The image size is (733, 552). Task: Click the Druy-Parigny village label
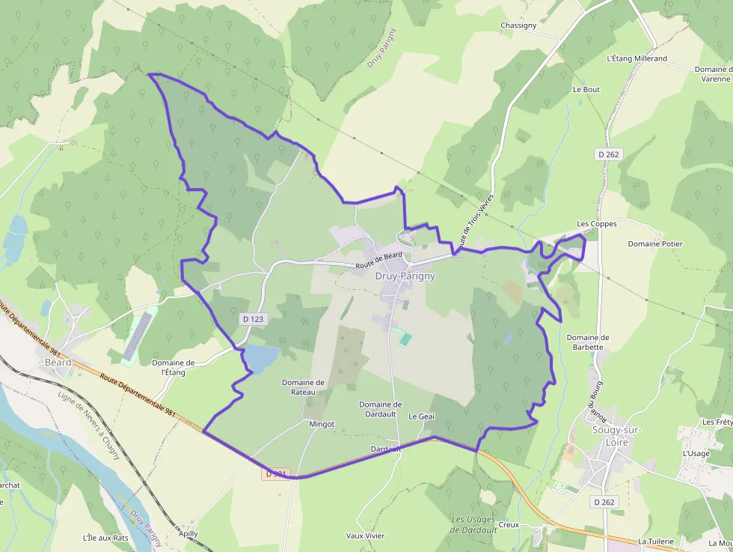[405, 276]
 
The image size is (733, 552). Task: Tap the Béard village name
[58, 363]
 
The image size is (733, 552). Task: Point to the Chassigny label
[518, 25]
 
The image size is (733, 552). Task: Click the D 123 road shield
[254, 319]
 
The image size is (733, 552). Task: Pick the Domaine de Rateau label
[304, 387]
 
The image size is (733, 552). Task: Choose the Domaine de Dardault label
[381, 410]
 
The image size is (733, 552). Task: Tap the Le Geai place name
[421, 416]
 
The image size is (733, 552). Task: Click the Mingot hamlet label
[322, 424]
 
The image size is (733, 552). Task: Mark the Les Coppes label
[597, 224]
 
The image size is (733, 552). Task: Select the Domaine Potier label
[655, 243]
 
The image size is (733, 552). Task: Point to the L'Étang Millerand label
[637, 58]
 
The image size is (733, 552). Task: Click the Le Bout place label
[586, 89]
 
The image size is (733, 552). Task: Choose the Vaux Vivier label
[365, 536]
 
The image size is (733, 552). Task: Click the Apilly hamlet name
[188, 533]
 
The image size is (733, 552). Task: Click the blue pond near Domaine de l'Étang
[261, 358]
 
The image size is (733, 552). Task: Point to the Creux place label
[509, 524]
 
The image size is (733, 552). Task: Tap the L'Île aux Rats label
[105, 538]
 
